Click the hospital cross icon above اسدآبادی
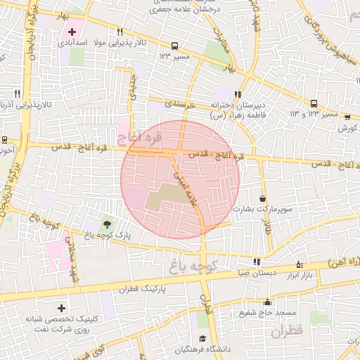[72, 32]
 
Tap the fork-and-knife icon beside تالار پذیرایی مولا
[120, 32]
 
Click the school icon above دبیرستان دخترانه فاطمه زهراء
[238, 94]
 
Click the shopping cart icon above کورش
[344, 117]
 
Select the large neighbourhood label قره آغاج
[140, 135]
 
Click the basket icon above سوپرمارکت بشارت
[263, 199]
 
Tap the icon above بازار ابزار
[300, 264]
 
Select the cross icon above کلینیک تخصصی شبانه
[61, 308]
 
